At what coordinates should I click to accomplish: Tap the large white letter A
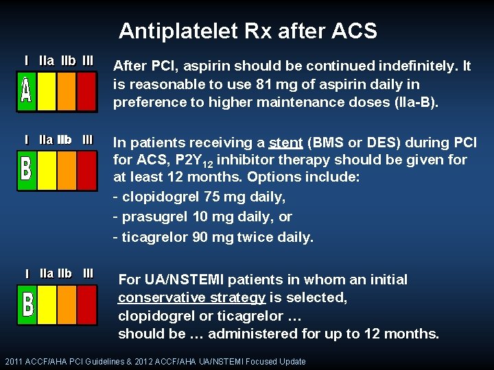tap(26, 91)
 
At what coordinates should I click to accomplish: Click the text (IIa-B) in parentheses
tap(414, 102)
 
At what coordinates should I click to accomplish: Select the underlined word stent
tap(285, 143)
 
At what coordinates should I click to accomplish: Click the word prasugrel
tap(146, 217)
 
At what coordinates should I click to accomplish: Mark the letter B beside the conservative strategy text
tap(27, 304)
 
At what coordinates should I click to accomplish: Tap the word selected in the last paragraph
tap(321, 298)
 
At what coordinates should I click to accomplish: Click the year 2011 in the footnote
tap(14, 361)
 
